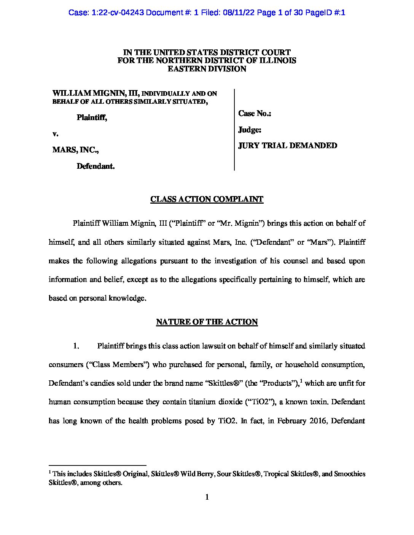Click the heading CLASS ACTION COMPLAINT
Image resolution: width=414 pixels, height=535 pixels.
[207, 199]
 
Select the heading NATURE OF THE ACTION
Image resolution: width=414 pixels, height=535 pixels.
[207, 322]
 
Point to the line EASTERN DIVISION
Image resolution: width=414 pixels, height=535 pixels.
[207, 69]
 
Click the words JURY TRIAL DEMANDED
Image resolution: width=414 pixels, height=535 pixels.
[287, 146]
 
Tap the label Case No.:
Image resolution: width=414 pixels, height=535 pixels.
[255, 114]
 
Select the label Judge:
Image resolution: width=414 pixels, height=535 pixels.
[250, 130]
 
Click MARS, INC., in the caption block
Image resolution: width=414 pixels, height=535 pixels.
[75, 150]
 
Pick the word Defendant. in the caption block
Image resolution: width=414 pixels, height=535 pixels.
[96, 166]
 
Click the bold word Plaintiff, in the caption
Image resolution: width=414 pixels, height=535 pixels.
[92, 117]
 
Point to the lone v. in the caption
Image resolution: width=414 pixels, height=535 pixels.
[55, 134]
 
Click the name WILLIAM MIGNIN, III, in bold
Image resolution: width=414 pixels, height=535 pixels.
[96, 93]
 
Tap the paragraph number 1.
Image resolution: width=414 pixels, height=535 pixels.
[76, 346]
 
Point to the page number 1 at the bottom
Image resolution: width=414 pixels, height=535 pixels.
[207, 497]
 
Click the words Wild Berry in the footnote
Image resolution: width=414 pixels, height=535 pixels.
[197, 474]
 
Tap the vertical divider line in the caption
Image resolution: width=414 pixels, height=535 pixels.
[234, 130]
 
